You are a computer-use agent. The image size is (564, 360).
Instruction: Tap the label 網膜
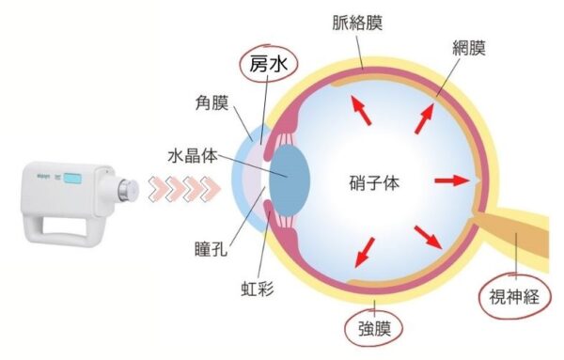point(492,46)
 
